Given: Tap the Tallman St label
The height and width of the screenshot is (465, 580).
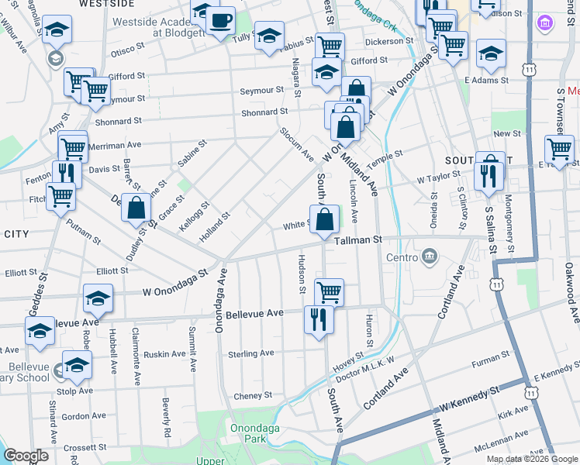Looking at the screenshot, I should click(359, 241).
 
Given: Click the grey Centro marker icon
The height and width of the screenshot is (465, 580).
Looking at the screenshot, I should click(430, 257).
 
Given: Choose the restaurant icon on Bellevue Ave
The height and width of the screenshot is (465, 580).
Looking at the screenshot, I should click(319, 319).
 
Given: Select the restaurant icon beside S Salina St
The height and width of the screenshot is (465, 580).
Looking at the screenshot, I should click(489, 175).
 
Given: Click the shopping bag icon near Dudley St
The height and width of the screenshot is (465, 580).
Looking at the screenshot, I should click(136, 208).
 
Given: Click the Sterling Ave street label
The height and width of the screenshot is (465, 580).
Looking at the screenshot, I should click(252, 353).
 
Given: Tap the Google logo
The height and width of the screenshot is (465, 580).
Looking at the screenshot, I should click(26, 456).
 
